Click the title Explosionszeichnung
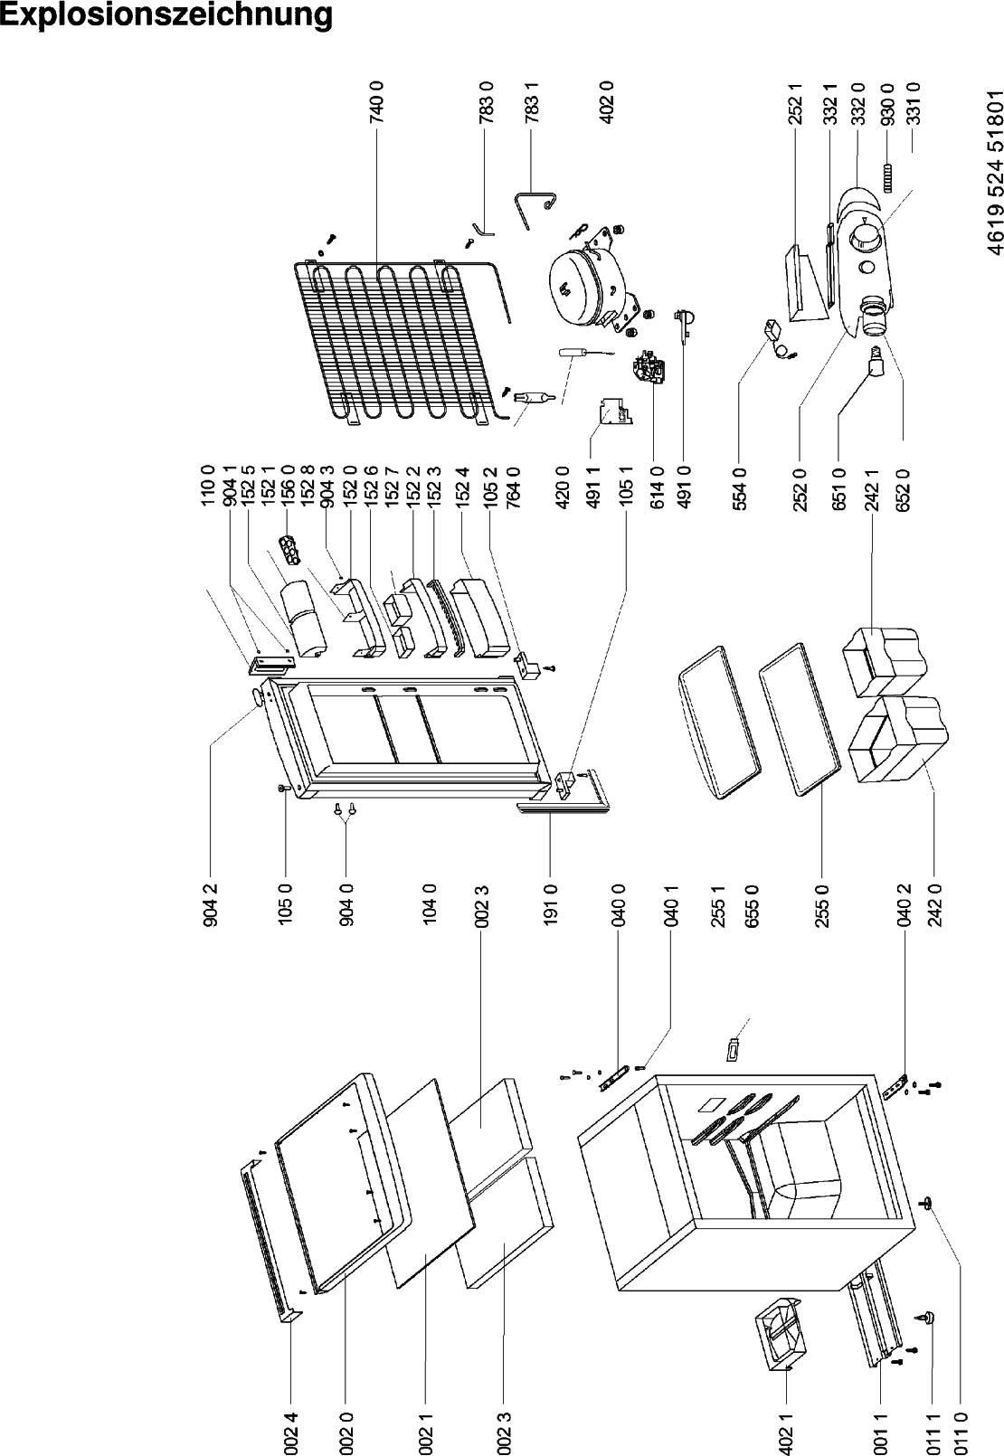(166, 15)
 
